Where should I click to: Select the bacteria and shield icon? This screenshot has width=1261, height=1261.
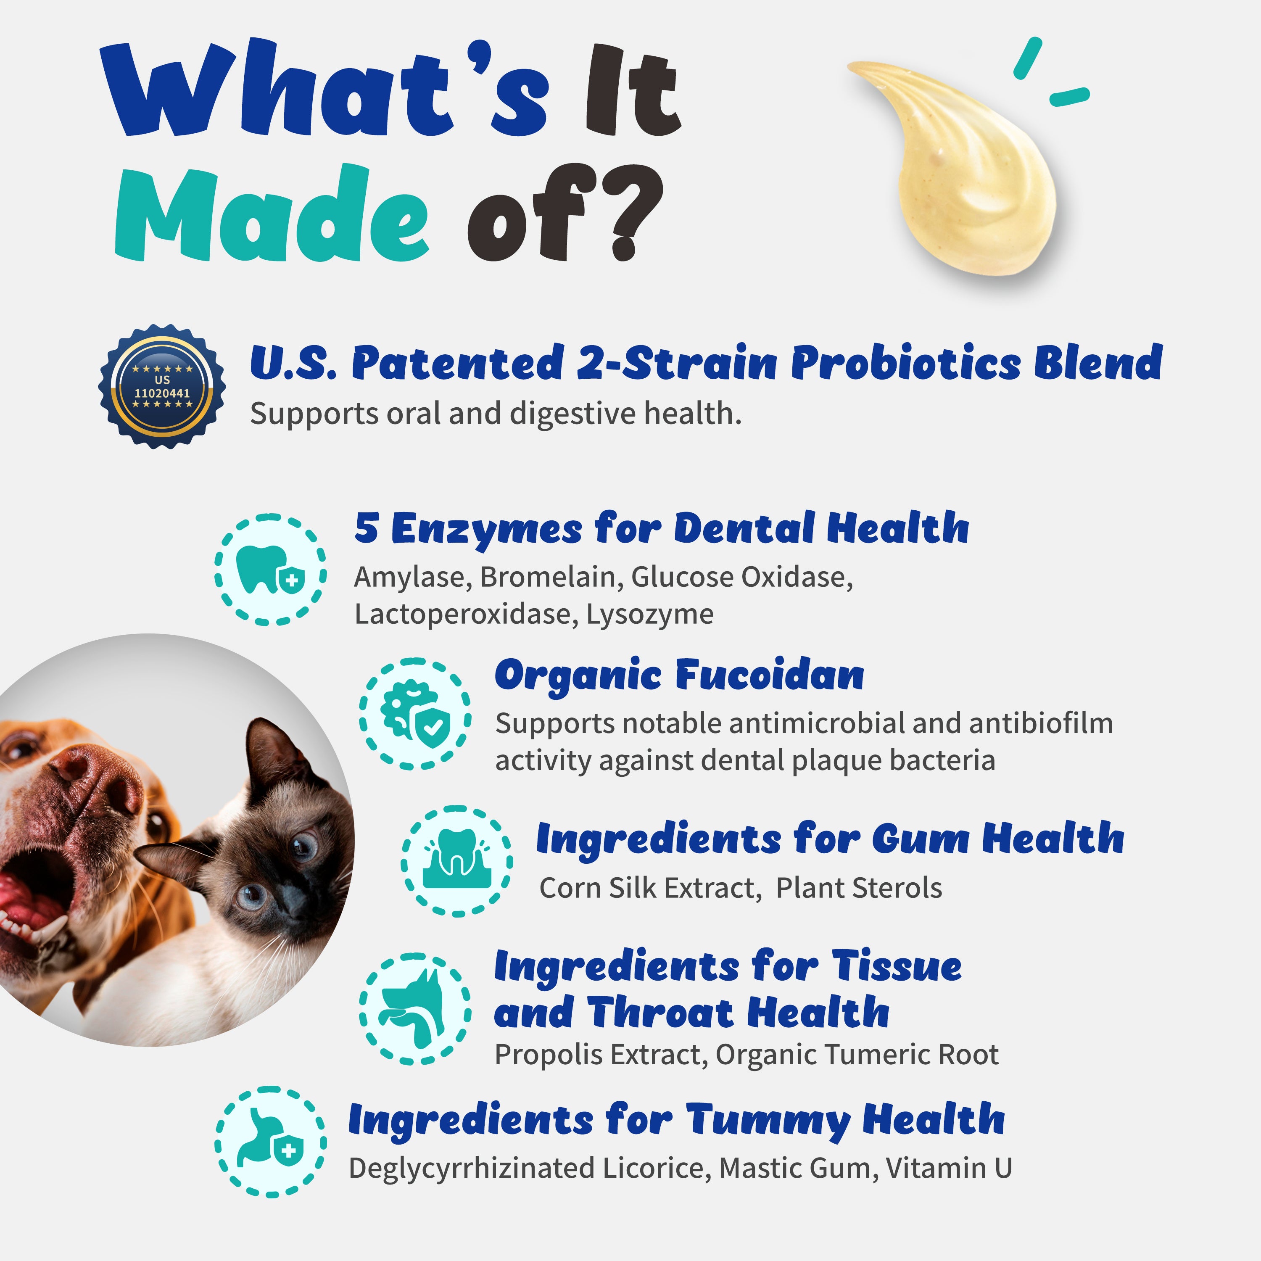pyautogui.click(x=414, y=713)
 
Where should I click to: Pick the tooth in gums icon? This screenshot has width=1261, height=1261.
pyautogui.click(x=456, y=861)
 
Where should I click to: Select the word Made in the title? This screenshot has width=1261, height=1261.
pyautogui.click(x=271, y=215)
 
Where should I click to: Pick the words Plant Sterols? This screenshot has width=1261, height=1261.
pyautogui.click(x=859, y=888)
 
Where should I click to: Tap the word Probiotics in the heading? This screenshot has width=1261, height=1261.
pyautogui.click(x=906, y=363)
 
